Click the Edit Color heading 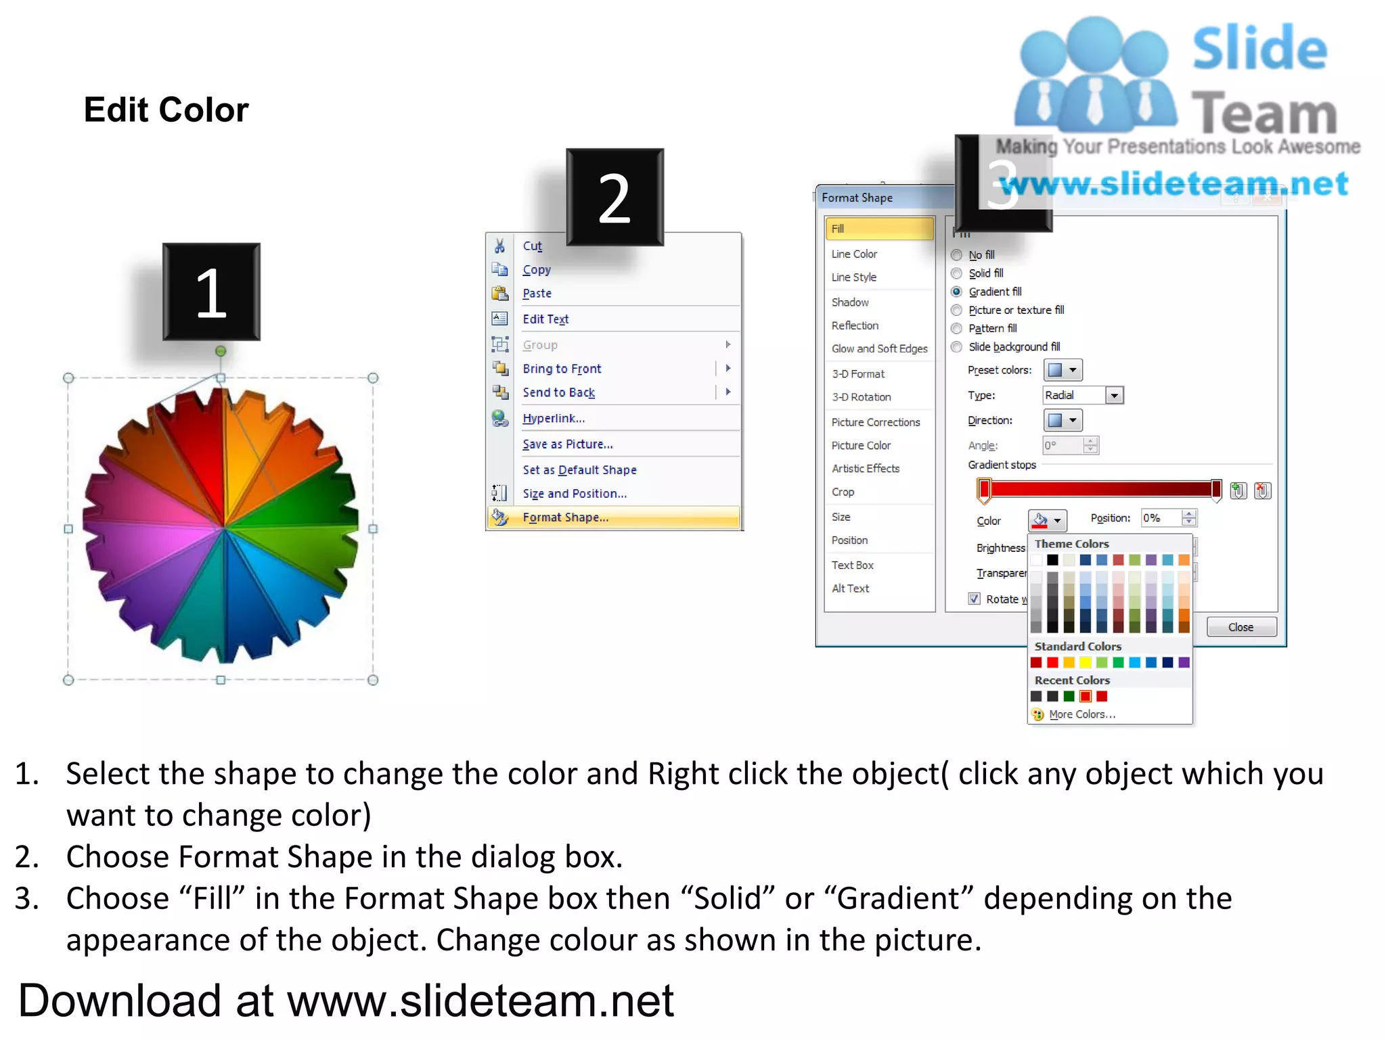click(166, 110)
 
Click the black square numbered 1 click(211, 292)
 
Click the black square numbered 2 click(614, 198)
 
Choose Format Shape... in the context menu click(565, 517)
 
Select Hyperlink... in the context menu click(553, 419)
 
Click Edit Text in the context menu click(545, 319)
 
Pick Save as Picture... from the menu click(567, 444)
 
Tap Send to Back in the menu click(558, 392)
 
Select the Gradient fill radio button click(956, 292)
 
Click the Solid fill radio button click(956, 273)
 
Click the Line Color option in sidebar click(854, 254)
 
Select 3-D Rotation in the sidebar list click(861, 397)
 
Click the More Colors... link click(1081, 714)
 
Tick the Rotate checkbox click(974, 599)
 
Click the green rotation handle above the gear click(221, 351)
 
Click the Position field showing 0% click(1161, 518)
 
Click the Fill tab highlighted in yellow click(878, 229)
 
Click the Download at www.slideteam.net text click(346, 1000)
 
